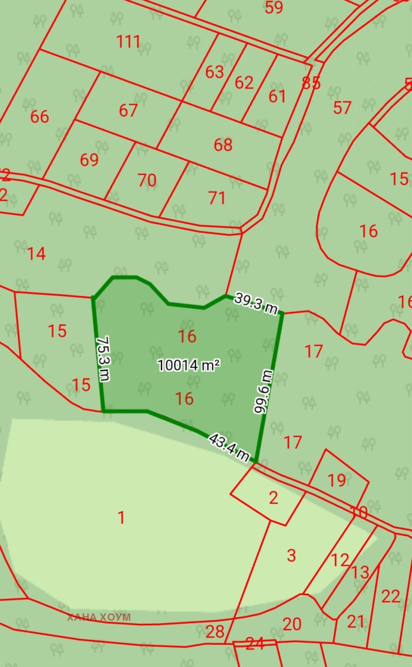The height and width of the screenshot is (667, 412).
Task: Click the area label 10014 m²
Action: pyautogui.click(x=188, y=365)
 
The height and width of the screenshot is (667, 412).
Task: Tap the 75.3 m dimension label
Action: pyautogui.click(x=104, y=359)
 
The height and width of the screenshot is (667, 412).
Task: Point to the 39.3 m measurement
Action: pyautogui.click(x=256, y=303)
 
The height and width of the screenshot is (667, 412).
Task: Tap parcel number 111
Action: pyautogui.click(x=128, y=41)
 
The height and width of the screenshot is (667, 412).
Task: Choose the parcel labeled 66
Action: pyautogui.click(x=40, y=117)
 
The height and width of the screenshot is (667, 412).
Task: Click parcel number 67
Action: pyautogui.click(x=128, y=110)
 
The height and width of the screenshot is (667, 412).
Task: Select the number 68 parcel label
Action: pyautogui.click(x=223, y=145)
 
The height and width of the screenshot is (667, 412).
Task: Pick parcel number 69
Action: pyautogui.click(x=89, y=160)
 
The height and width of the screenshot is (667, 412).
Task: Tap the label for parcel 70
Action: pyautogui.click(x=147, y=180)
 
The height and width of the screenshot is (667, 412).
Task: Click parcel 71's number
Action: pyautogui.click(x=217, y=198)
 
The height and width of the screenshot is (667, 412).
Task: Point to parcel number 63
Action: pyautogui.click(x=214, y=72)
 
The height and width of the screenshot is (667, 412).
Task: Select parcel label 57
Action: pyautogui.click(x=342, y=108)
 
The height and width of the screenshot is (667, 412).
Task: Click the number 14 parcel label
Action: pyautogui.click(x=36, y=253)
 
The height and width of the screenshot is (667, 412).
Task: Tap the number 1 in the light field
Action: pyautogui.click(x=122, y=517)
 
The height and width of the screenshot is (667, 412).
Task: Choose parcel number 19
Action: pyautogui.click(x=337, y=480)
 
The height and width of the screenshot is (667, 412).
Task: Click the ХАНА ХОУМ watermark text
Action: pyautogui.click(x=99, y=617)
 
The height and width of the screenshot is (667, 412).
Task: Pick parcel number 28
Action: pyautogui.click(x=215, y=631)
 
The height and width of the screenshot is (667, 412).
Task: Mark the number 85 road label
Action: pyautogui.click(x=312, y=82)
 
